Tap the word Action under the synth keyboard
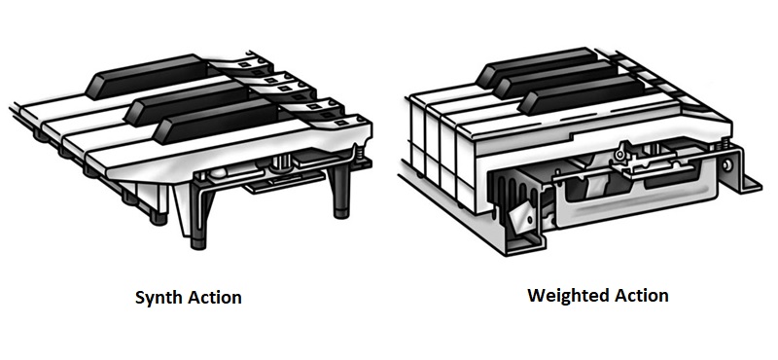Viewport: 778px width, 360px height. click(x=214, y=298)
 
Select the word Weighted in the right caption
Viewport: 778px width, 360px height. click(x=566, y=296)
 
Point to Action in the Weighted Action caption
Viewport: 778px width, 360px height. click(x=641, y=295)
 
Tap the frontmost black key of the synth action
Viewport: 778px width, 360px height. click(x=217, y=122)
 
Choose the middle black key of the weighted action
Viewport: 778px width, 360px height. click(x=555, y=80)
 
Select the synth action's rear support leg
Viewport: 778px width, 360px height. click(x=341, y=191)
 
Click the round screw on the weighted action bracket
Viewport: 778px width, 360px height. click(x=727, y=164)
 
